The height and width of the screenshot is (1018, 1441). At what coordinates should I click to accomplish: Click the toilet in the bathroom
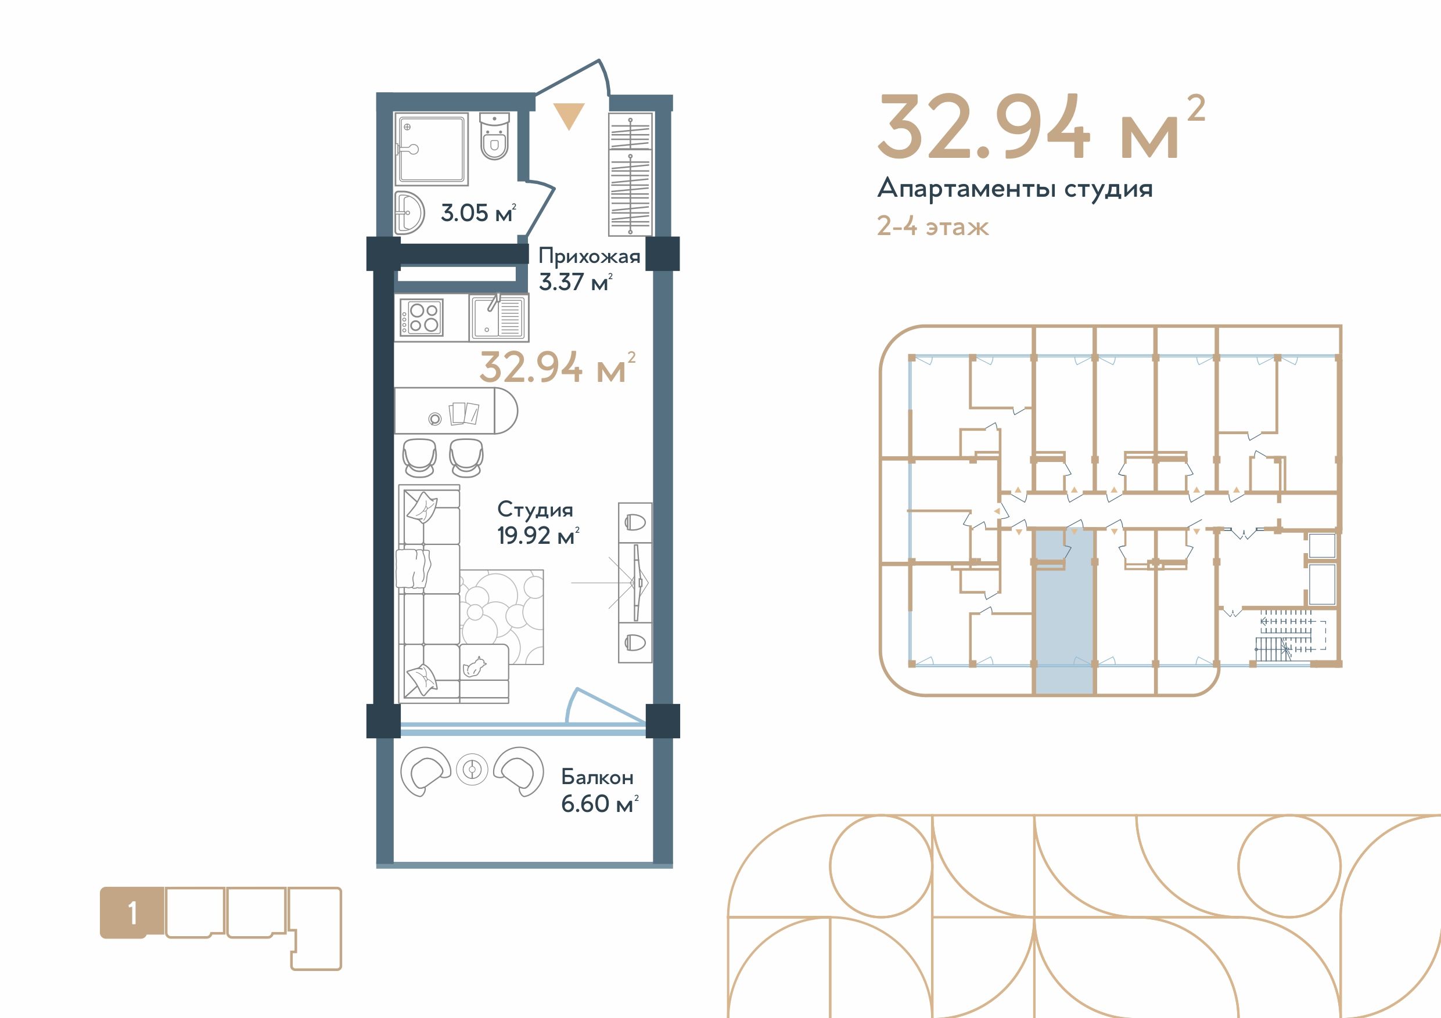point(494,137)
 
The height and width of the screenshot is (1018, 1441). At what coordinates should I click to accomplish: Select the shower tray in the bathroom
point(431,149)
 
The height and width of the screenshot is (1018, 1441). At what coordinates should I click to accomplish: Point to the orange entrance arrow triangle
point(569,116)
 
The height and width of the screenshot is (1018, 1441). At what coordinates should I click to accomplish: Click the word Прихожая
point(590,257)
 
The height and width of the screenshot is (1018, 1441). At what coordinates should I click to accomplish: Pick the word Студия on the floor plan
point(536,510)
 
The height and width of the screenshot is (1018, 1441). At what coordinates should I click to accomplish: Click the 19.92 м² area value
point(538,536)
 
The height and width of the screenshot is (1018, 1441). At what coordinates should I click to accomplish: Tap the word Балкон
point(597,777)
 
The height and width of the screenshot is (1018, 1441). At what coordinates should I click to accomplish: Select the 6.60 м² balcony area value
point(599,803)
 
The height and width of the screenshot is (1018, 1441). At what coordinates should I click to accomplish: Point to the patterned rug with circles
point(502,616)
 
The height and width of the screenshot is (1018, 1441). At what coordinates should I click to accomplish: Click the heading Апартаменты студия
point(1015,189)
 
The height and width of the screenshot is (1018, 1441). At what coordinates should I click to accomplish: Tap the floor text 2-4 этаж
point(933,226)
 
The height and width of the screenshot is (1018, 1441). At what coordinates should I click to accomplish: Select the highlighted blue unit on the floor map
point(1064,612)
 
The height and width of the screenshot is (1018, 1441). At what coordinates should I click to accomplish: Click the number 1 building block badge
point(132,914)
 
